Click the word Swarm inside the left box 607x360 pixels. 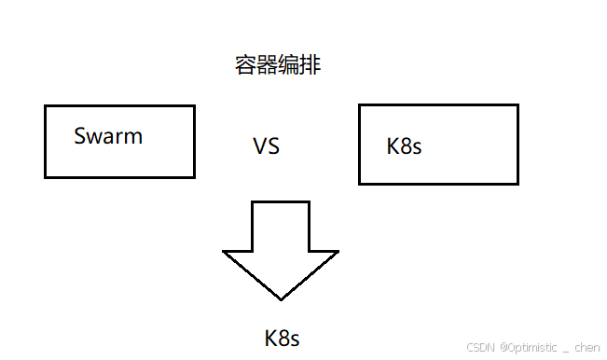108,136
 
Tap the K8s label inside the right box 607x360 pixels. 404,146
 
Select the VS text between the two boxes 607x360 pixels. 266,146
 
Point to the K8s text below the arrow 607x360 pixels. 283,337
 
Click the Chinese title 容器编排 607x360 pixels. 278,65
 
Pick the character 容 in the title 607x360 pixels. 245,65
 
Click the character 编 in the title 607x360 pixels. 289,65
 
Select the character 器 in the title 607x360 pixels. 267,65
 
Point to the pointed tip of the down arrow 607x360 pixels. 281,298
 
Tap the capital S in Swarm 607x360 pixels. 80,136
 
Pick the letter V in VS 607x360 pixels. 260,146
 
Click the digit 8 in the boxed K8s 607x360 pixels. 405,146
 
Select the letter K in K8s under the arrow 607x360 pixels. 270,337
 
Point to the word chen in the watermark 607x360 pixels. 586,347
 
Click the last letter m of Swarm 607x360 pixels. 133,137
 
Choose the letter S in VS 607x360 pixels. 273,146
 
